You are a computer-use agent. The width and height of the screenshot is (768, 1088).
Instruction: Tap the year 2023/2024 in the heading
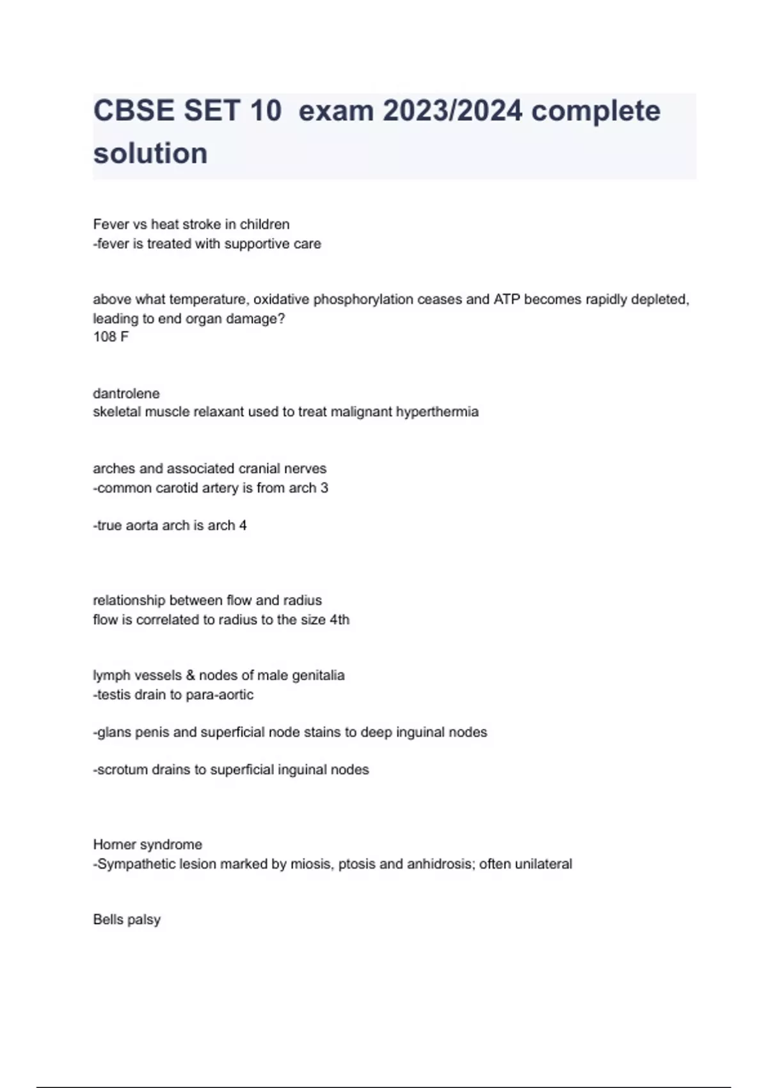pyautogui.click(x=452, y=111)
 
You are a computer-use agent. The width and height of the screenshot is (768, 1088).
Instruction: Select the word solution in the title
pyautogui.click(x=150, y=154)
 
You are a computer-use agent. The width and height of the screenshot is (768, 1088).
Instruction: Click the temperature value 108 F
pyautogui.click(x=111, y=337)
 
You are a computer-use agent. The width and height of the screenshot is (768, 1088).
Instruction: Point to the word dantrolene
pyautogui.click(x=126, y=393)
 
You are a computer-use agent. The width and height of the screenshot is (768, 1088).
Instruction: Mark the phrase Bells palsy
pyautogui.click(x=127, y=920)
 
